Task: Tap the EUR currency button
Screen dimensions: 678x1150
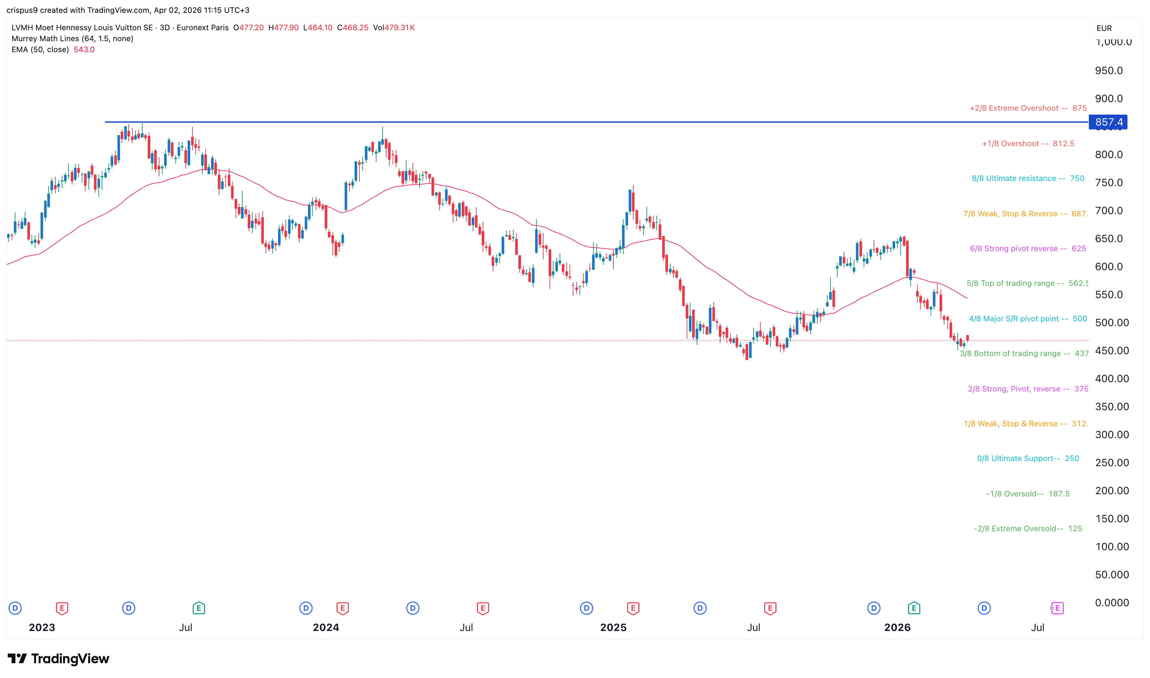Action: pos(1104,28)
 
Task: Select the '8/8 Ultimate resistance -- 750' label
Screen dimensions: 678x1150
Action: pos(1028,179)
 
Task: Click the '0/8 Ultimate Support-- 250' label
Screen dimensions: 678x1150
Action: pos(1028,459)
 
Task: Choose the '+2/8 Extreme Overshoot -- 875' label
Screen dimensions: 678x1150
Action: pos(1028,108)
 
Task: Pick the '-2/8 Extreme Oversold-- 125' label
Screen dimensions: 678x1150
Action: pos(1028,529)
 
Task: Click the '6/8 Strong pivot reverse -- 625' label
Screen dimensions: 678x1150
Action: pos(1028,249)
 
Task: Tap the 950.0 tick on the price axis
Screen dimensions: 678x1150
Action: pos(1108,71)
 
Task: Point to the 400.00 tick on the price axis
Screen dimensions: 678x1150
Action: pos(1112,379)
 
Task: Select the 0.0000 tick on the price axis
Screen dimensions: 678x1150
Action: pos(1112,603)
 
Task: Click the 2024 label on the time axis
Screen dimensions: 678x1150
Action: pos(326,628)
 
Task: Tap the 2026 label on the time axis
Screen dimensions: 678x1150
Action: pos(897,628)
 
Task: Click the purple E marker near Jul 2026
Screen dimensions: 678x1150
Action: pos(1057,608)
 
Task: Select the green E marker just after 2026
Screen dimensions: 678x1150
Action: pos(914,608)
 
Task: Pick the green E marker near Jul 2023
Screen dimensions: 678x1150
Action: pos(199,608)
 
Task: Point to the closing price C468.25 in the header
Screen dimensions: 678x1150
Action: pos(352,28)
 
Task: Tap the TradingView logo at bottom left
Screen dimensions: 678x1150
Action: pos(59,659)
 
